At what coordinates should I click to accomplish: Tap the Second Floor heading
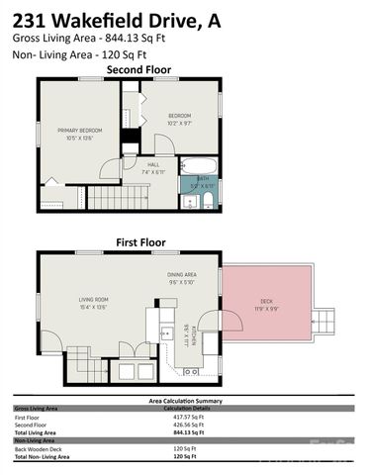click(x=139, y=70)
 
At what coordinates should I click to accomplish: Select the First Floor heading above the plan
click(x=142, y=241)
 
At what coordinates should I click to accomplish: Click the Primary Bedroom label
click(x=80, y=134)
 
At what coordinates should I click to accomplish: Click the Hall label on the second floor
click(x=153, y=168)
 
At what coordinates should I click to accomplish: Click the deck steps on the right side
click(x=322, y=319)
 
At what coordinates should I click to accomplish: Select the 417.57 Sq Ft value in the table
click(x=187, y=417)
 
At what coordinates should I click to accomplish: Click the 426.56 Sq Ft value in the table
click(x=187, y=425)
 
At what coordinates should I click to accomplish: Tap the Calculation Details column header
click(x=192, y=408)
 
